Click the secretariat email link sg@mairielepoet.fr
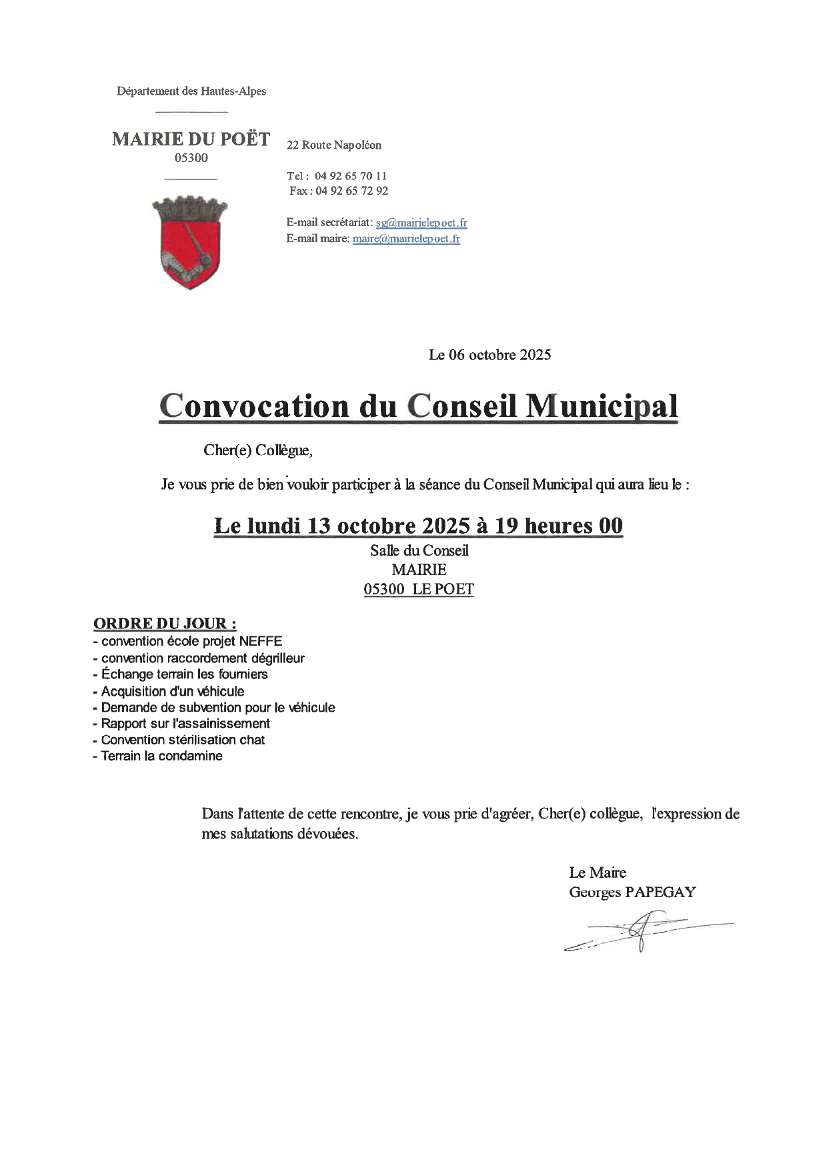click(x=422, y=223)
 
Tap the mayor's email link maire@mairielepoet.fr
click(x=406, y=239)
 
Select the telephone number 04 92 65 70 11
click(x=350, y=176)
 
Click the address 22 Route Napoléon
click(x=334, y=145)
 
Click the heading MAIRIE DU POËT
click(x=191, y=139)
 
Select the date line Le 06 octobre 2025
click(x=490, y=355)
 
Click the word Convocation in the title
click(x=254, y=406)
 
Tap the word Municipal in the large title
click(x=602, y=406)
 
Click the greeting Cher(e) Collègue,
click(x=258, y=450)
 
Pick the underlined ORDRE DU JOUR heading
click(x=165, y=624)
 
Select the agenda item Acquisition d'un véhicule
click(x=173, y=691)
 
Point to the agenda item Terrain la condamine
click(x=161, y=756)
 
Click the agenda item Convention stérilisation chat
click(x=183, y=740)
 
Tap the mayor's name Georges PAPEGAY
click(x=632, y=892)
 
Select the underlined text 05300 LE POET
click(x=419, y=590)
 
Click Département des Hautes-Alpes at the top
click(x=191, y=91)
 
